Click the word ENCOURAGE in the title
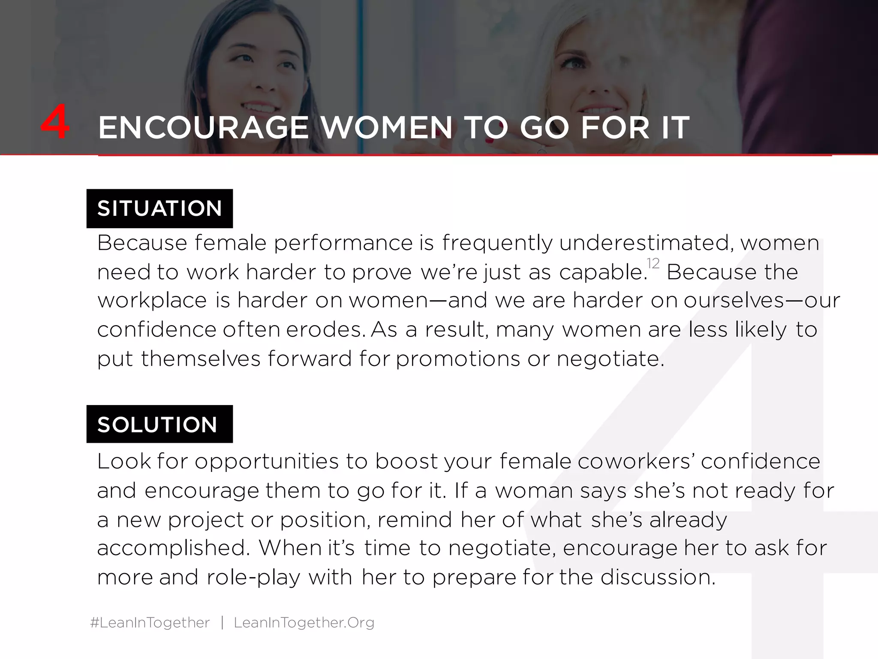click(203, 128)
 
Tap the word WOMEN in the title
click(387, 128)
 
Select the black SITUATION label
click(159, 209)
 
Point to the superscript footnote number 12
click(652, 263)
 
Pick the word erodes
click(325, 329)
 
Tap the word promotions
click(457, 359)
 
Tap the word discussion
click(658, 577)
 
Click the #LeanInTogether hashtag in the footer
click(150, 622)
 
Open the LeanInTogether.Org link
click(304, 622)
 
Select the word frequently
click(497, 243)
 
